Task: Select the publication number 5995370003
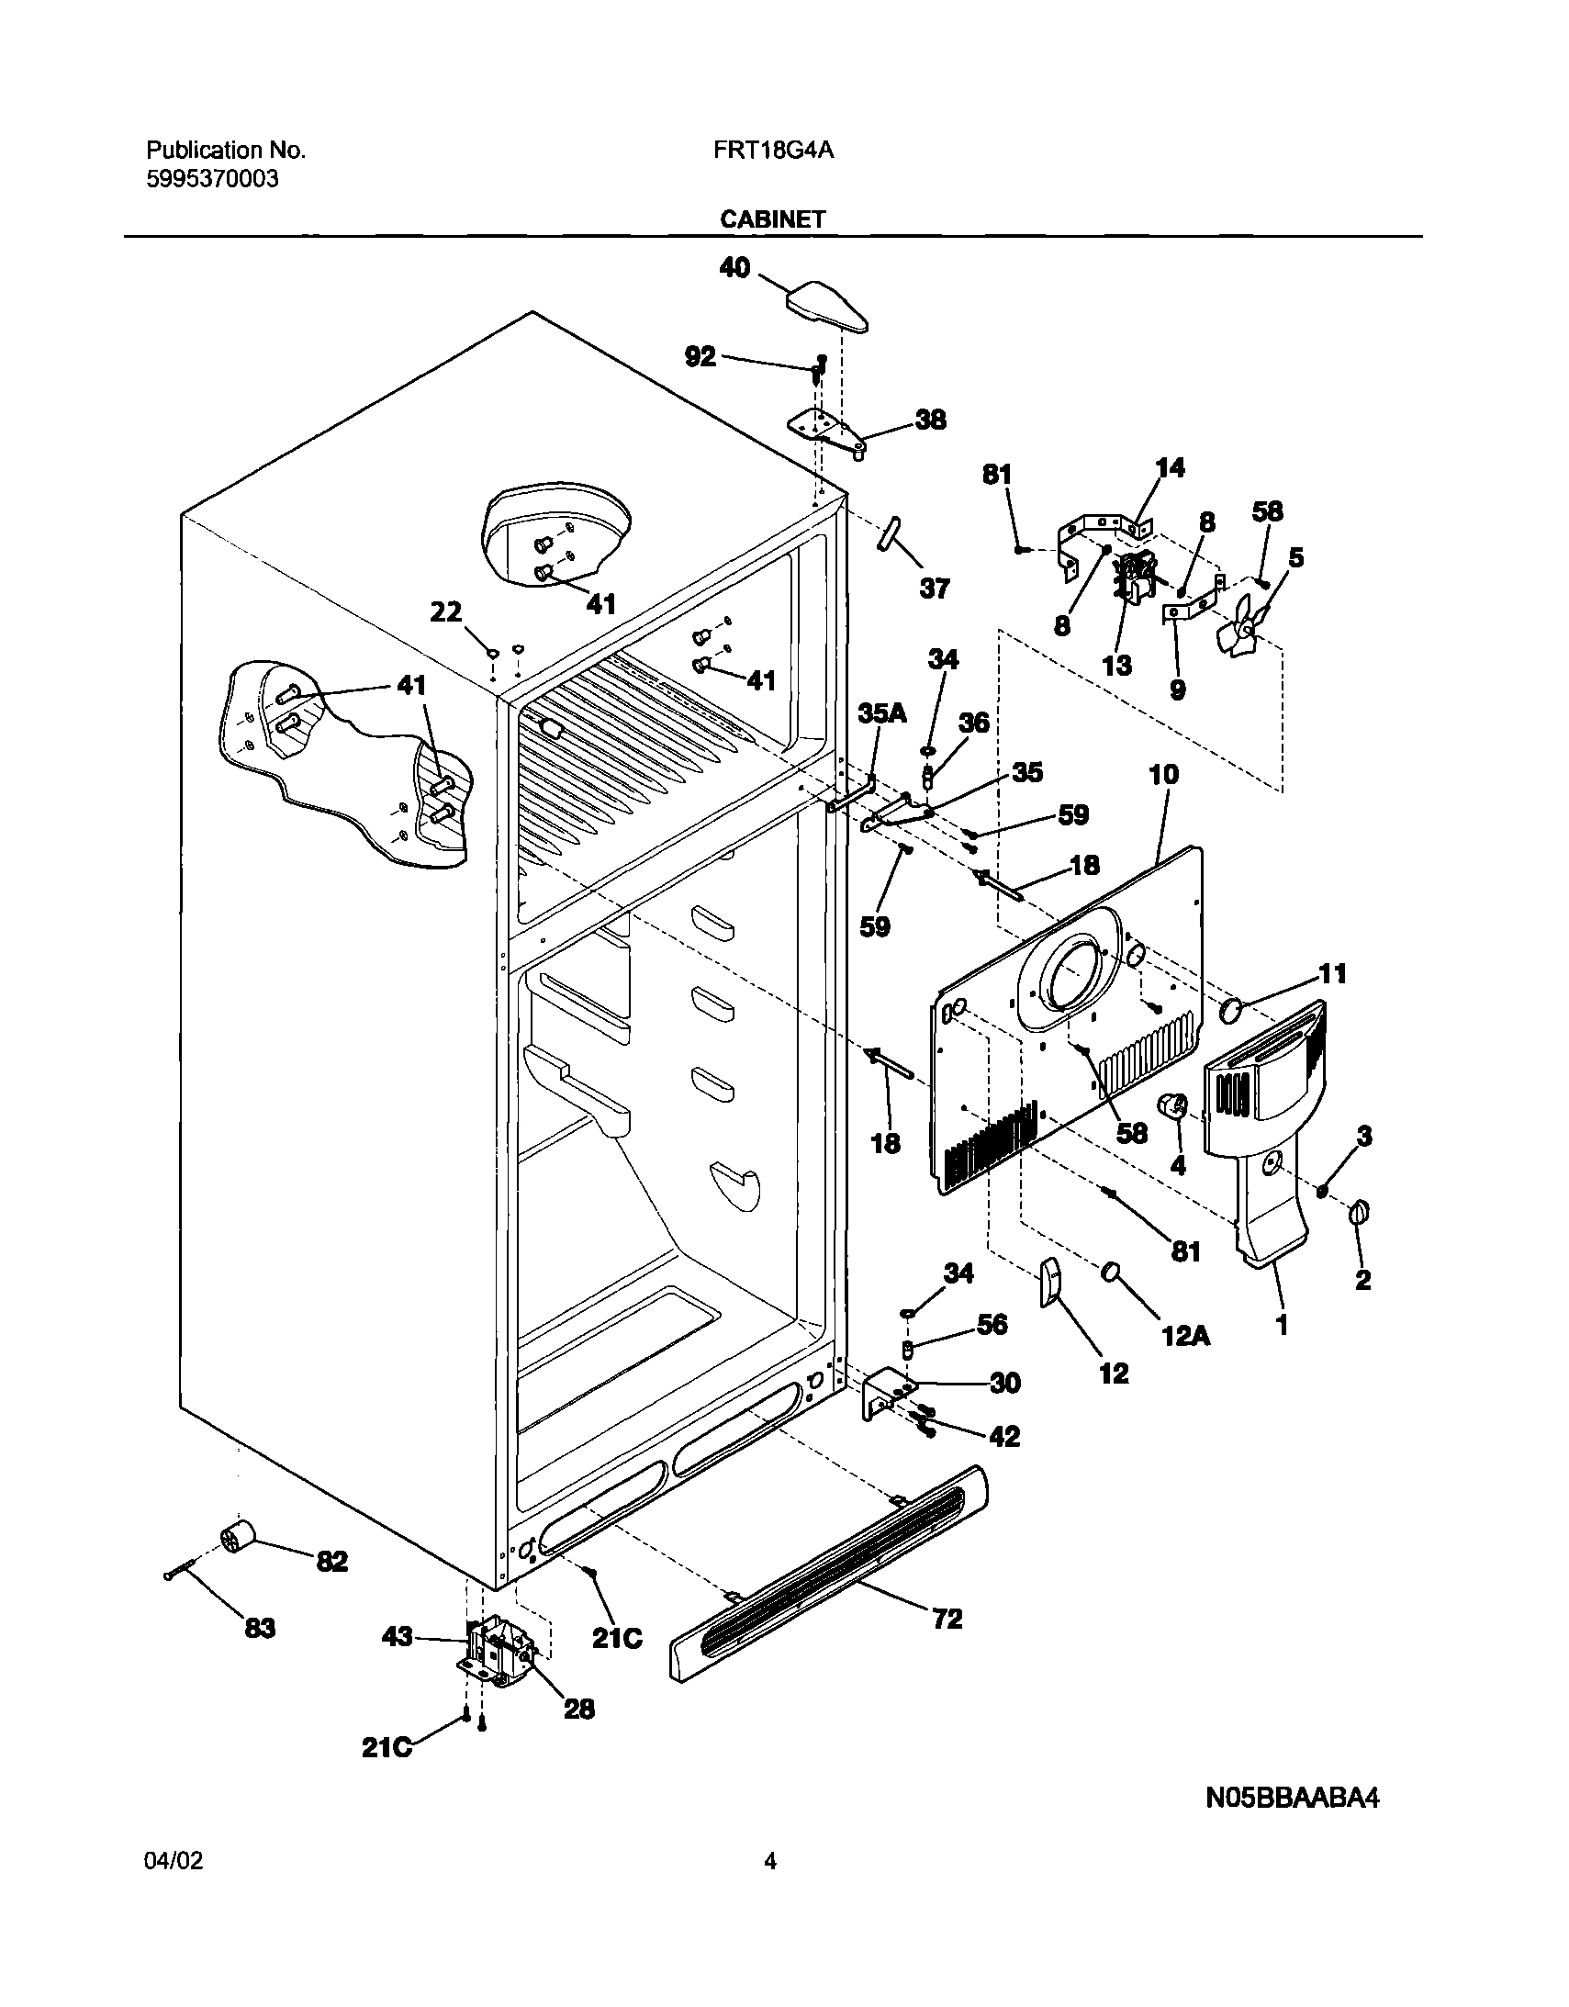coord(212,179)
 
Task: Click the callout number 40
coord(734,268)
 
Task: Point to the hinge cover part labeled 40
coord(826,307)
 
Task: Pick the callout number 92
coord(701,356)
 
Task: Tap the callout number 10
coord(1163,775)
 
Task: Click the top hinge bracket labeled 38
coord(826,430)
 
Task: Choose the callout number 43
coord(398,1637)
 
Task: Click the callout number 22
coord(447,611)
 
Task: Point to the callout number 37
coord(934,589)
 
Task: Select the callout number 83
coord(259,1630)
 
